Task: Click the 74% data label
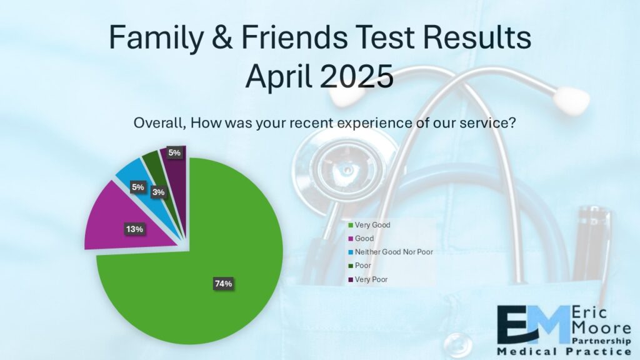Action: [x=223, y=284]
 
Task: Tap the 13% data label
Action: [x=134, y=229]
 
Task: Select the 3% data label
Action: [x=158, y=192]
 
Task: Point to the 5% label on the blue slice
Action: [x=137, y=187]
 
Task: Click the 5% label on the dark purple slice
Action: [x=174, y=152]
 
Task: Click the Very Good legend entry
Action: [x=369, y=225]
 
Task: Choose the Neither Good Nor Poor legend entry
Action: [x=390, y=252]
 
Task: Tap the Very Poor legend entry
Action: [x=367, y=279]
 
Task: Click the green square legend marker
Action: [x=350, y=225]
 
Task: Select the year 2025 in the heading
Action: [x=356, y=76]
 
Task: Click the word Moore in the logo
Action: [x=602, y=327]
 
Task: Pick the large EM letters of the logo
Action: [x=533, y=324]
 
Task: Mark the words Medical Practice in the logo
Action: [x=564, y=351]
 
